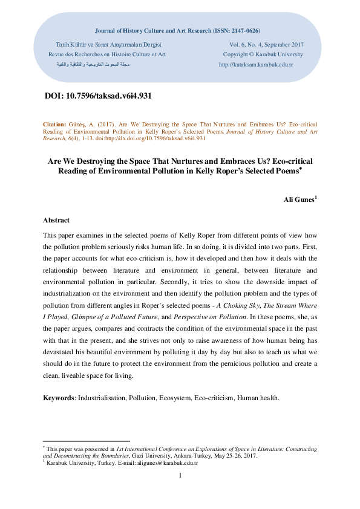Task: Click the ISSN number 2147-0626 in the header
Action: pos(243,30)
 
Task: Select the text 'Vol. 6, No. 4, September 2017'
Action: pos(266,45)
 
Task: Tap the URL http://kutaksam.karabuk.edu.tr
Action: pos(255,64)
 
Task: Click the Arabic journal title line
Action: pos(89,64)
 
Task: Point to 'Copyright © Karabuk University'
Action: pos(263,54)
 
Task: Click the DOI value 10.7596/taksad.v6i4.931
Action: pos(108,96)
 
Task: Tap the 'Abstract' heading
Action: pos(56,221)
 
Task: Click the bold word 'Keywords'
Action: pos(57,398)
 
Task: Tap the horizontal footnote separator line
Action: pos(86,441)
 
